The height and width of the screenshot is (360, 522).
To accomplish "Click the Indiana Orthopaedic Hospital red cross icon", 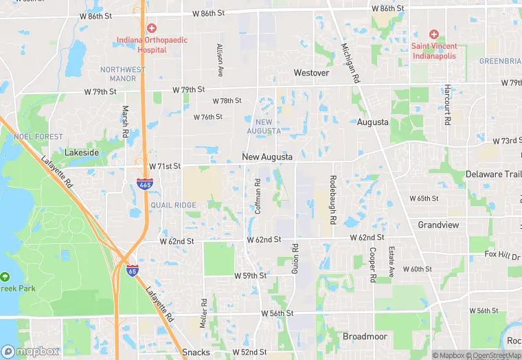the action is point(152,28).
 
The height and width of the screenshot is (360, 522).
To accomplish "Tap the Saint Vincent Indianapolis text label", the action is point(434,51).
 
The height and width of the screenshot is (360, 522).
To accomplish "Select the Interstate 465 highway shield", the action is point(145,185).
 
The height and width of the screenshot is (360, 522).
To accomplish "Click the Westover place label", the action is point(311,72).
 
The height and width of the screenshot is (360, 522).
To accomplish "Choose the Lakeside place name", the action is point(82,152).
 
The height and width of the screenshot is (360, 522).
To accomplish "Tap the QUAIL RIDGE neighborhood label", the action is point(173,205).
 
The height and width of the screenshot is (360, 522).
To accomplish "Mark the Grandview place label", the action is point(438,225).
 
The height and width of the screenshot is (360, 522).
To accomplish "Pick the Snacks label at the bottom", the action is point(196,352).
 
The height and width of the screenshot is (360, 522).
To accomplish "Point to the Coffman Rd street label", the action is point(258,196).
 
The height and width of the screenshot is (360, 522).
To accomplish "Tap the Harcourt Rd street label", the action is point(446,105).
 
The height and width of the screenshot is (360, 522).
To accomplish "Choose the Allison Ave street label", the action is point(220,60).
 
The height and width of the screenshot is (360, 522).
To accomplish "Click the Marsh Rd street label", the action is point(125,120).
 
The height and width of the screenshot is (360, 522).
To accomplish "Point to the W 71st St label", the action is point(165,166).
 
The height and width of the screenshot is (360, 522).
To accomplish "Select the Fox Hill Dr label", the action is point(502,255).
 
